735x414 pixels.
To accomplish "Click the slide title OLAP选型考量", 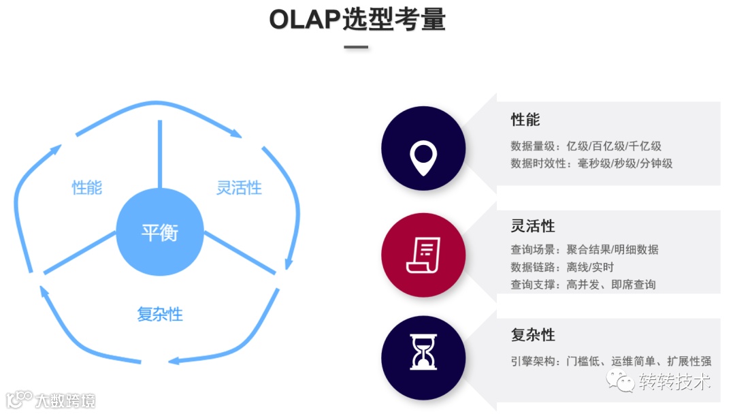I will pos(357,20).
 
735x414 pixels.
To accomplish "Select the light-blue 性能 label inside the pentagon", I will pos(87,187).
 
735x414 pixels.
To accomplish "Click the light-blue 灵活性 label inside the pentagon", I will pos(239,187).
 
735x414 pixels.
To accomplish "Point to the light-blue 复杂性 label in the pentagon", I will pos(160,314).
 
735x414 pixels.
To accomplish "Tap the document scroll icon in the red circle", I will pos(423,256).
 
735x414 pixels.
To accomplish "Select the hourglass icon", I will pos(423,351).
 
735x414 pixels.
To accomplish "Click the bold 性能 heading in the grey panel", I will pos(525,120).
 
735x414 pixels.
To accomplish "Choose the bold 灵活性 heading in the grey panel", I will pos(533,226).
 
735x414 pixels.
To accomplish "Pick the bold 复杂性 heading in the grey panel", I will pos(533,335).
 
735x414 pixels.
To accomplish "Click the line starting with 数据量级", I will pos(586,146).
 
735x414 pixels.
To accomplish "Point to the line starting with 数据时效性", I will pos(591,163).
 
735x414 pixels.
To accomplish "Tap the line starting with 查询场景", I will pos(585,249).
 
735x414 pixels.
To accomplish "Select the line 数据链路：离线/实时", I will pos(562,267).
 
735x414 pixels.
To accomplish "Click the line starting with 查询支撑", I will pos(583,285).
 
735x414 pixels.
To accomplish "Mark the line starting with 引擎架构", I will pos(611,362).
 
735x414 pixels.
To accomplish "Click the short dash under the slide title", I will pos(356,48).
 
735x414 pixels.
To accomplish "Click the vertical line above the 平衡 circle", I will pos(160,154).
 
